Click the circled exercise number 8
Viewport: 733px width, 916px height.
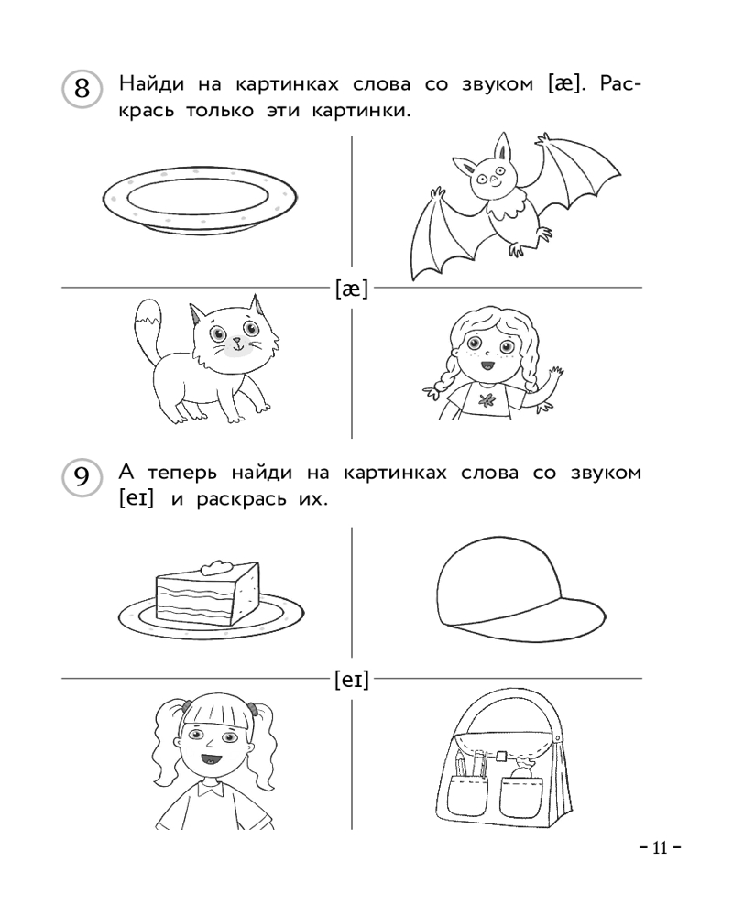82,90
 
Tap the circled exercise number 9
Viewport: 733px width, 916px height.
82,477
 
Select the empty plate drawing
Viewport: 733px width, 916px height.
200,200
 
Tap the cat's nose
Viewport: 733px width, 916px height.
235,338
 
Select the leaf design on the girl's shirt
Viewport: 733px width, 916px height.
487,400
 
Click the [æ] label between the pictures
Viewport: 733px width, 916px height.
352,289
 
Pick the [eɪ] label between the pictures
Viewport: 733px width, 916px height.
352,680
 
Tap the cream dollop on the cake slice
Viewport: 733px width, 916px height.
217,567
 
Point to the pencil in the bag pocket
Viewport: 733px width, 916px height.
460,761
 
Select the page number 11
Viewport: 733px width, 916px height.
660,847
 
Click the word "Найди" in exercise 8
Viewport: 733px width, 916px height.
151,84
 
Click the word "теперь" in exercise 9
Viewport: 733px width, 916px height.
181,474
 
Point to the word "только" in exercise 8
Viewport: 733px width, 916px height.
220,111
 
